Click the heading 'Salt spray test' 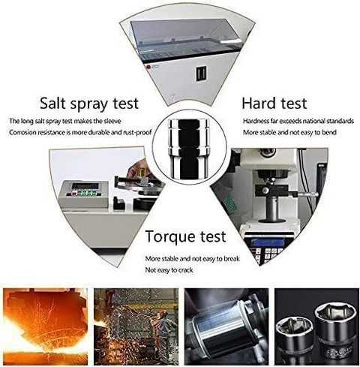pyautogui.click(x=94, y=101)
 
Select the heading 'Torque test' pyautogui.click(x=185, y=237)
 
